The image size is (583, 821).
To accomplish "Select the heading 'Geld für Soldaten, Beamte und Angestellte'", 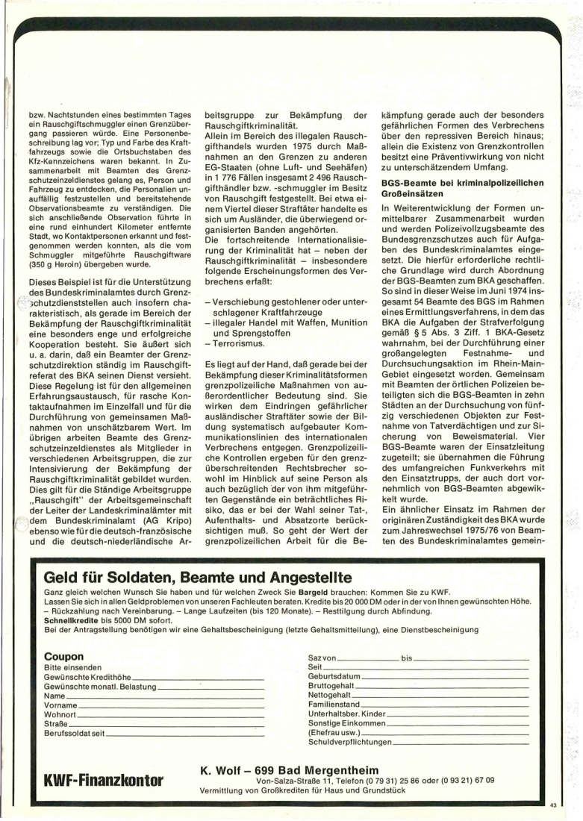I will click(198, 577).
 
